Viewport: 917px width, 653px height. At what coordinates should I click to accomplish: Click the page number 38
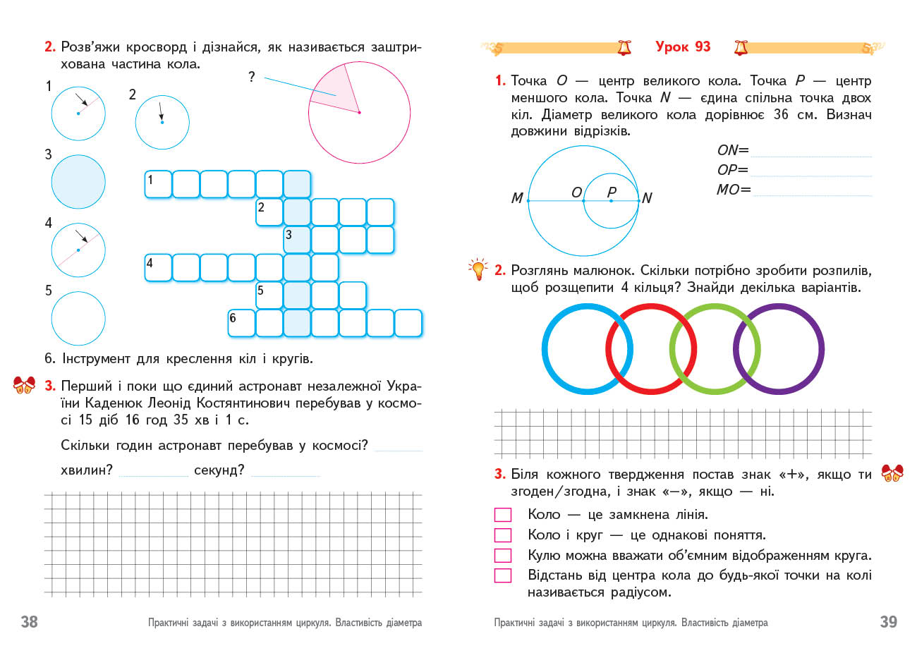click(29, 621)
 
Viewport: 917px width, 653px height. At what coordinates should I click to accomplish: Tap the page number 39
click(888, 621)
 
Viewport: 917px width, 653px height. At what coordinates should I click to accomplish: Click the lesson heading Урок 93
click(683, 47)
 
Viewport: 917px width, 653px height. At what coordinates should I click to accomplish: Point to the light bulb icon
click(478, 269)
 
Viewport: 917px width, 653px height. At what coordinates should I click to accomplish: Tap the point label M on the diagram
click(517, 199)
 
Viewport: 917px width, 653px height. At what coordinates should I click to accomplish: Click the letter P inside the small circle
click(612, 191)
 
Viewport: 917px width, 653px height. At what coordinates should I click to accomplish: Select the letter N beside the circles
click(647, 199)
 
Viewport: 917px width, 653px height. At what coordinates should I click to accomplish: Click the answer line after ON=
click(811, 151)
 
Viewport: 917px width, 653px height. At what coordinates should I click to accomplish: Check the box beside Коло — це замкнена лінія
click(503, 515)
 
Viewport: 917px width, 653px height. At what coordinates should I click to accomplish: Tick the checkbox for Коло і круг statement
click(503, 535)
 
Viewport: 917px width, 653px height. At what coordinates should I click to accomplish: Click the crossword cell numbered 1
click(158, 185)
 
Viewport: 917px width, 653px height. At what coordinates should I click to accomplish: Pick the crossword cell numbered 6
click(241, 323)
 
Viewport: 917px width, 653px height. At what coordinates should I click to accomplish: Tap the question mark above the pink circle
click(251, 77)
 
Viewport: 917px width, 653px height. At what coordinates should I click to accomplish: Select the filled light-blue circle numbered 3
click(78, 182)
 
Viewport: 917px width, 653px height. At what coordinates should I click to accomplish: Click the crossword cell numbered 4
click(158, 268)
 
